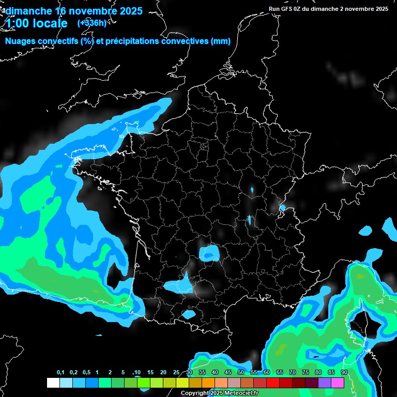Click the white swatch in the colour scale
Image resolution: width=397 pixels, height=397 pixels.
(x=53, y=383)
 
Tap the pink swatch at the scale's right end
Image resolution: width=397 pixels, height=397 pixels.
(x=338, y=383)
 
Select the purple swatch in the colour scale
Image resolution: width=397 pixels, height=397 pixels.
(x=325, y=383)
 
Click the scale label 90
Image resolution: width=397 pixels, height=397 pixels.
(x=344, y=373)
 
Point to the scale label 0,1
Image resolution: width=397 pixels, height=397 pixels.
(x=60, y=373)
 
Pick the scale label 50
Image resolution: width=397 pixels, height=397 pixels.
(x=241, y=373)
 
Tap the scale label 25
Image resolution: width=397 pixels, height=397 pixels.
(x=176, y=373)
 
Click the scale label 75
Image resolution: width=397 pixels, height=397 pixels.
(x=306, y=373)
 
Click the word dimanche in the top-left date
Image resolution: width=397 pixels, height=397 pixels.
(x=28, y=11)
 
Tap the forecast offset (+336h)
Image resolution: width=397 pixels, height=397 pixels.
(x=91, y=23)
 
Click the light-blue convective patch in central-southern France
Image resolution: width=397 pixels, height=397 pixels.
(x=209, y=253)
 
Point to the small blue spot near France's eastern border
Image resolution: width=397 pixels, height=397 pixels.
(x=282, y=208)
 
